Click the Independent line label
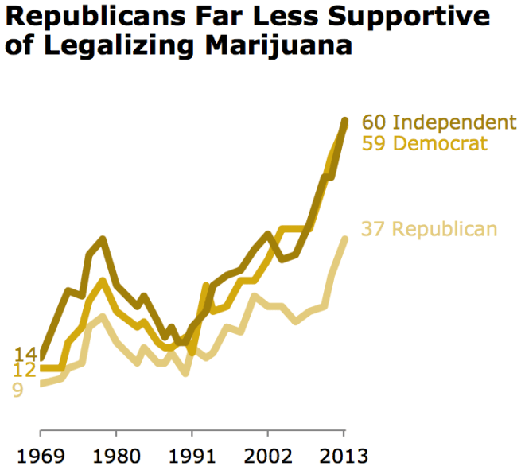455,122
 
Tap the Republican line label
445,229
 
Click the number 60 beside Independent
375,122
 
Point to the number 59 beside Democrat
375,143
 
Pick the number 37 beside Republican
375,229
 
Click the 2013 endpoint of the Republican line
344,239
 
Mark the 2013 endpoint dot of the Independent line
344,121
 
